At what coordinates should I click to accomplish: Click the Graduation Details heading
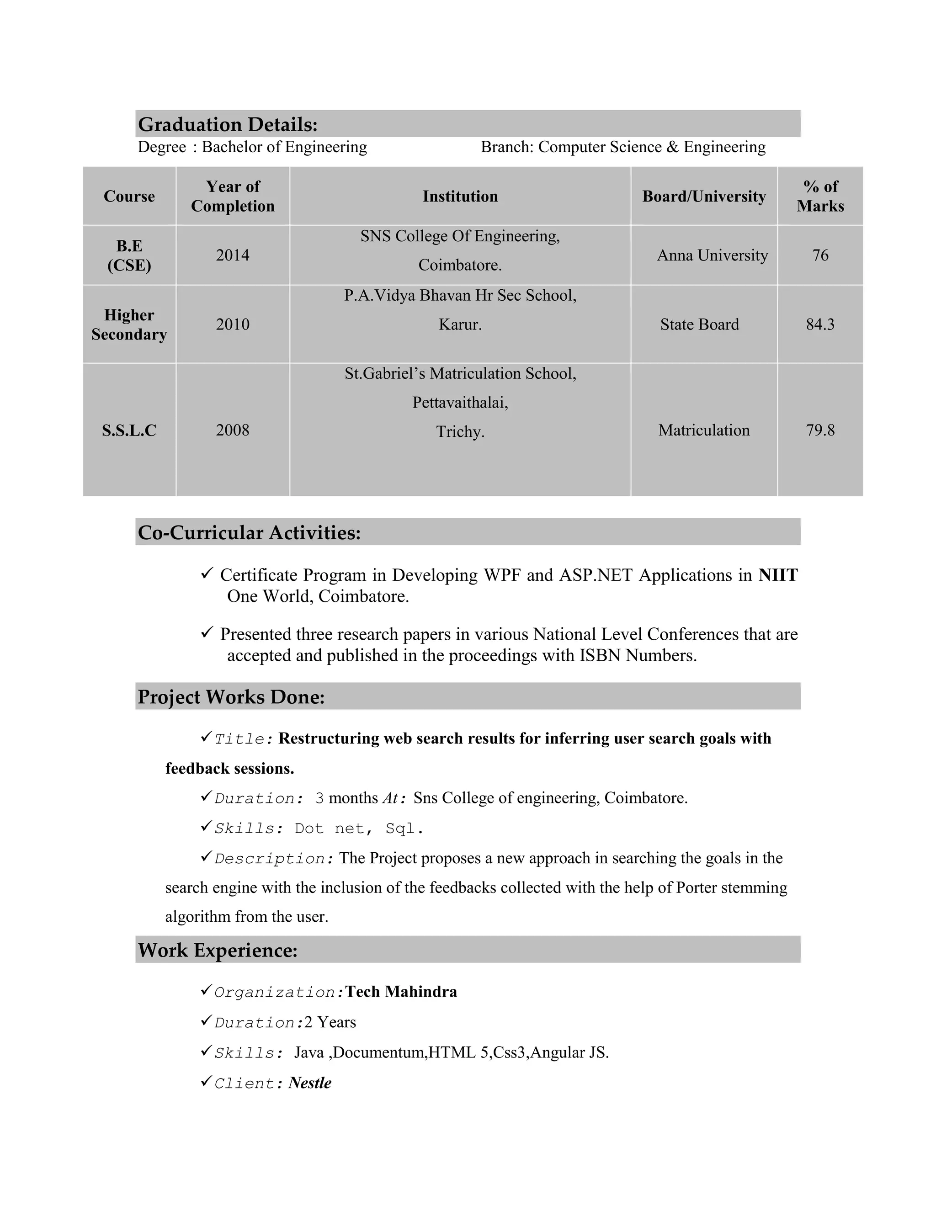tap(227, 124)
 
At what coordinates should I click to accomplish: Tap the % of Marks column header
tap(820, 197)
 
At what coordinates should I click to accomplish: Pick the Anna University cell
tap(712, 255)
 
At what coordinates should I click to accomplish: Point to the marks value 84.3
tap(820, 324)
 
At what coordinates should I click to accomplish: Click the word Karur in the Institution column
tap(460, 324)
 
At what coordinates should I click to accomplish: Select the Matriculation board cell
tap(704, 430)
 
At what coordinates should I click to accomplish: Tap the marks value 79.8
tap(820, 430)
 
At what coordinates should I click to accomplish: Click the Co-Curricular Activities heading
tap(249, 532)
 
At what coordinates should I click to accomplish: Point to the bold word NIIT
tap(778, 575)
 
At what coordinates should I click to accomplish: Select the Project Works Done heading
tap(231, 696)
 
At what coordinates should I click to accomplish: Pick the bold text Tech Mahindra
tap(401, 992)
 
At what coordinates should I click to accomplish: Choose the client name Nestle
tap(310, 1083)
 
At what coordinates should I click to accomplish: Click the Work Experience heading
tap(218, 950)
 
